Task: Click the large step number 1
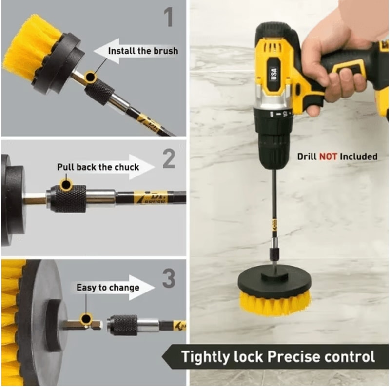[168, 17]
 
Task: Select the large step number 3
[168, 279]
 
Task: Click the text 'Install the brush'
[143, 51]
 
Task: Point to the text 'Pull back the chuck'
[98, 167]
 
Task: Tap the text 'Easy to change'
[108, 288]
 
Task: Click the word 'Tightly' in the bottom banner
[205, 356]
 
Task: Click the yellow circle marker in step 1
[90, 77]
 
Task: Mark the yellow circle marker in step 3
[86, 318]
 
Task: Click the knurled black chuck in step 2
[68, 198]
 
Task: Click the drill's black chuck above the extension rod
[274, 139]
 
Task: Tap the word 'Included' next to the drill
[359, 156]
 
